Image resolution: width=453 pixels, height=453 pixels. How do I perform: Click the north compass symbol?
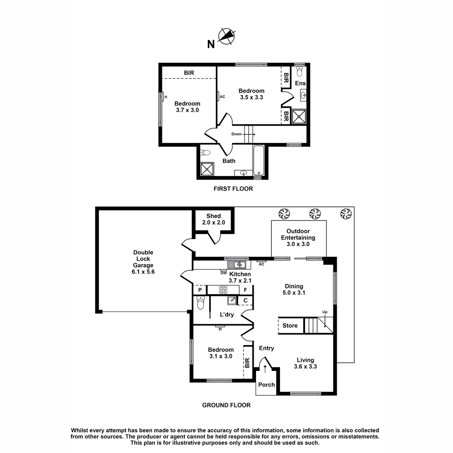coord(226,37)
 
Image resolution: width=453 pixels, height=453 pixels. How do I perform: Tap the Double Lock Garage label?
coord(143,262)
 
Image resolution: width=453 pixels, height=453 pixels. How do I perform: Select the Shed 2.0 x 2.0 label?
coord(213,219)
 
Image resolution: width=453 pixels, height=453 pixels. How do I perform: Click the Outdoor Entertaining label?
coord(298,237)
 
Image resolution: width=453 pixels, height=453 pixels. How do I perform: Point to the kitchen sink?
coord(236,265)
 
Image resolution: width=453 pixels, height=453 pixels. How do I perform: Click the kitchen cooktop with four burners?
coord(223,290)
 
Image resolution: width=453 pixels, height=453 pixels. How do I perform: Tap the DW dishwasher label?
coord(223,273)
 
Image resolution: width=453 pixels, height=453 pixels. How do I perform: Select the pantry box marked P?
coord(200,290)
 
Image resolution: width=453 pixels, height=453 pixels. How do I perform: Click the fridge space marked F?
coord(245,290)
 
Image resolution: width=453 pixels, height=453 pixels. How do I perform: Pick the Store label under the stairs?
coord(290,325)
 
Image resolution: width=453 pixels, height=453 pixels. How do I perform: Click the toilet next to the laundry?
coord(200,302)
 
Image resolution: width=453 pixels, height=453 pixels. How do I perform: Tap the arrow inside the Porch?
coord(265,369)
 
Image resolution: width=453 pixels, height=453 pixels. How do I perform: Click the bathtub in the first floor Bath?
coord(259,160)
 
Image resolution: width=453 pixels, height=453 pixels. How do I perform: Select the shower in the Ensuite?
coord(299,116)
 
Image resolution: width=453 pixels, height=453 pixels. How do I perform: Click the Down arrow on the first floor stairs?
coord(249,134)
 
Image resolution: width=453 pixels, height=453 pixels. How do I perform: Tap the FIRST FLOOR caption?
coord(233,188)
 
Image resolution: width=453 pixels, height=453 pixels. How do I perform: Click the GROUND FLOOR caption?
coord(226,405)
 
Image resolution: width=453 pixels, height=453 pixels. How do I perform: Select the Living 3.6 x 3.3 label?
coord(305,363)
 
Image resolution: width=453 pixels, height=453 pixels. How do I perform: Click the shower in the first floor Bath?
coord(207,169)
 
